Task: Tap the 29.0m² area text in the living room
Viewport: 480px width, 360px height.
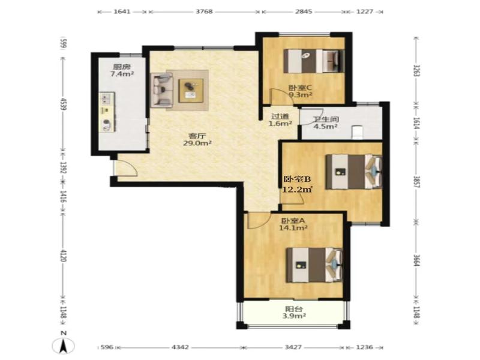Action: [x=197, y=143]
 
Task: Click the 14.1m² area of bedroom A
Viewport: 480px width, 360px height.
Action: [x=293, y=228]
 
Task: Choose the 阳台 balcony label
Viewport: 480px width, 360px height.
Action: [x=293, y=309]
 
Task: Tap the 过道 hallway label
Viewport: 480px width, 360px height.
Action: [x=280, y=116]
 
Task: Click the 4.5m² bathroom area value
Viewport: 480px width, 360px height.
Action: [x=325, y=126]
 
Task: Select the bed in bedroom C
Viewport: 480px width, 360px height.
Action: [x=314, y=61]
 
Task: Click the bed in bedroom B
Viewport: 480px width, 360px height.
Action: [x=354, y=172]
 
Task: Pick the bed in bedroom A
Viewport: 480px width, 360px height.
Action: [x=314, y=265]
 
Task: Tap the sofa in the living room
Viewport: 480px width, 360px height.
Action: [x=161, y=90]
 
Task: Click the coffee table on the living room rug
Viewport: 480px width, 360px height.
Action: [x=191, y=91]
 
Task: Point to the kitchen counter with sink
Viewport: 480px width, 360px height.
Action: [x=107, y=112]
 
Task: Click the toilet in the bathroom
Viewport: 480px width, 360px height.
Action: [x=356, y=132]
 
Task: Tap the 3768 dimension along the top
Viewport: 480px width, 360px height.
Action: [x=204, y=11]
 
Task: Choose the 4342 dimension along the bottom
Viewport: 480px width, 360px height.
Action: [x=181, y=347]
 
